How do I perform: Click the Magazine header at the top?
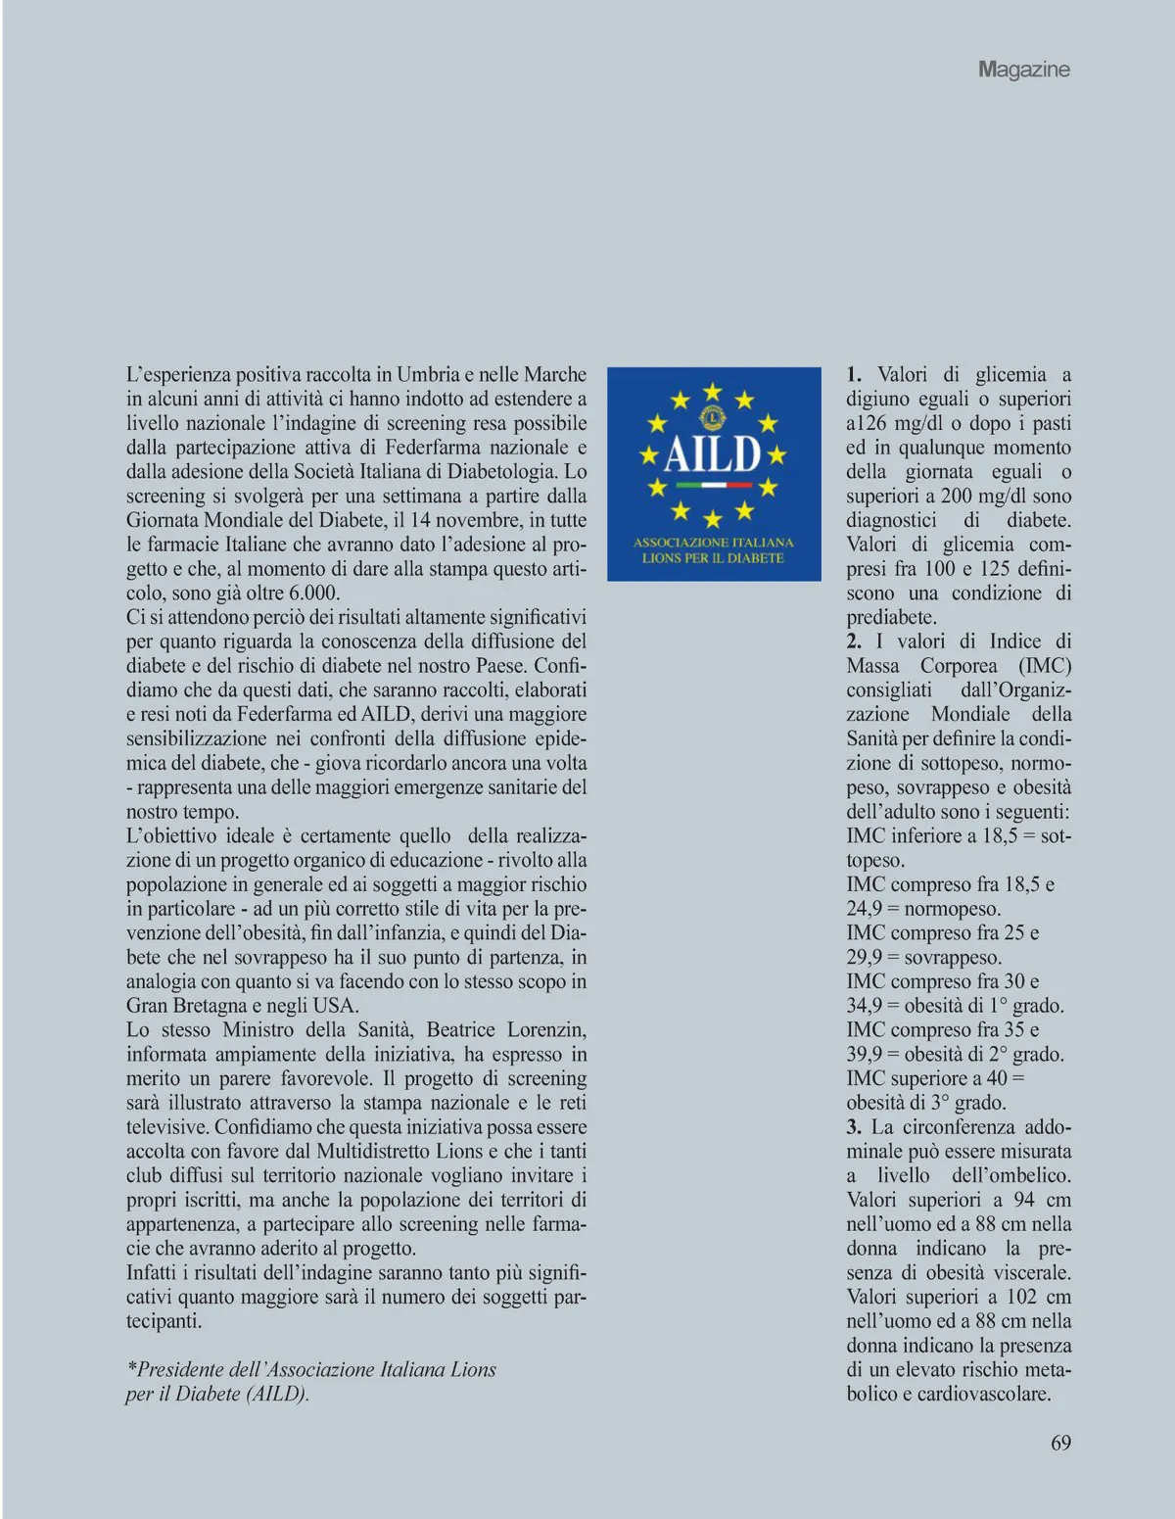pyautogui.click(x=1023, y=70)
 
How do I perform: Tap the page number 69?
pyautogui.click(x=1060, y=1443)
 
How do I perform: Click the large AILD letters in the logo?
pyautogui.click(x=713, y=453)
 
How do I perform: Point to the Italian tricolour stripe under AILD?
pyautogui.click(x=713, y=485)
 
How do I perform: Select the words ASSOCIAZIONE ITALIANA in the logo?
pyautogui.click(x=713, y=542)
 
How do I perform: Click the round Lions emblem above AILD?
pyautogui.click(x=713, y=417)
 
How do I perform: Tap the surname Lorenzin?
pyautogui.click(x=546, y=1029)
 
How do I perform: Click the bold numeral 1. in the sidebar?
pyautogui.click(x=854, y=374)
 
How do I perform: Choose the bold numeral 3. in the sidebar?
pyautogui.click(x=854, y=1126)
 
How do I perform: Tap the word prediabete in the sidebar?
pyautogui.click(x=891, y=617)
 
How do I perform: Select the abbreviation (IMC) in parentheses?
pyautogui.click(x=1045, y=665)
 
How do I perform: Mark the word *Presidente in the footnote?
pyautogui.click(x=175, y=1369)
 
